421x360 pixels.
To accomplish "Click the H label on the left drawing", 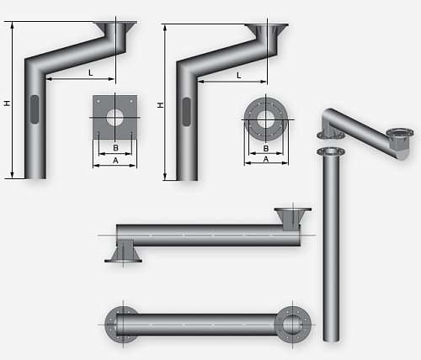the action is (x=7, y=103).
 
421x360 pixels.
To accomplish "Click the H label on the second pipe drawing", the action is (x=160, y=105).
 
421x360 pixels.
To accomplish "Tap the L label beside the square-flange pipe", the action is (x=90, y=73).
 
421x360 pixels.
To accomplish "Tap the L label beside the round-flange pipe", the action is (x=239, y=75).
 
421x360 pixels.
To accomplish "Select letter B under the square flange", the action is (x=115, y=147).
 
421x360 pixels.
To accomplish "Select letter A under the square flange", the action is (x=115, y=161).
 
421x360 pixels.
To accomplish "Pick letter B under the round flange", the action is (x=266, y=148).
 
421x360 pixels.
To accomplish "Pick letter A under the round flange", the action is (x=266, y=159).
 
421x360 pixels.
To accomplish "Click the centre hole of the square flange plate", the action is (x=115, y=118).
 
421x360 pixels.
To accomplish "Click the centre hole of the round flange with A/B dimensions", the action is (x=265, y=119).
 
